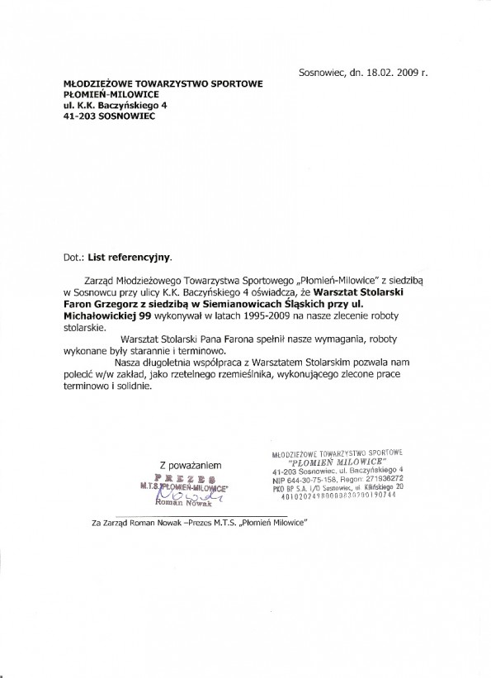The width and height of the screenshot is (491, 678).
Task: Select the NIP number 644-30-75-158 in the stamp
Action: tap(315, 479)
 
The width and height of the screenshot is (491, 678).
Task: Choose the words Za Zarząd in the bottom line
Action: tap(115, 523)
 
